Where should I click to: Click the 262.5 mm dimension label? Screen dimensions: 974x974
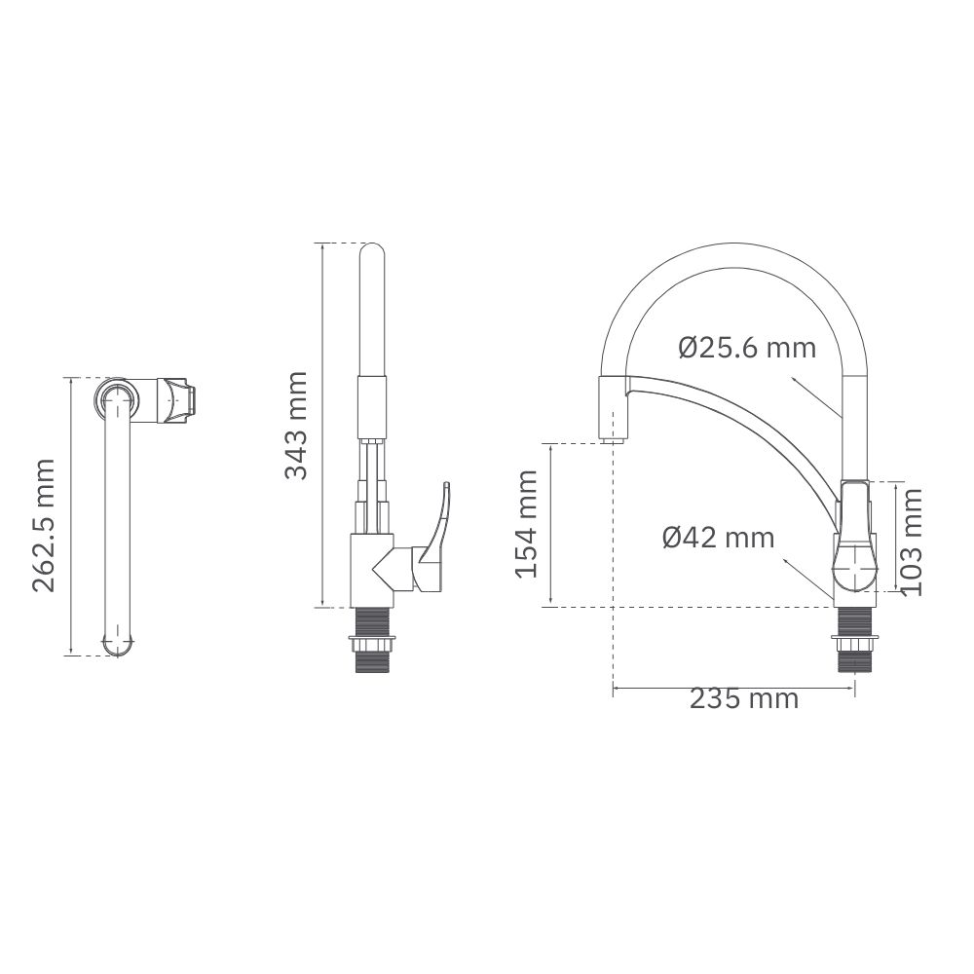pos(44,526)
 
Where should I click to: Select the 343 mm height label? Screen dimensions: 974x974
pos(296,426)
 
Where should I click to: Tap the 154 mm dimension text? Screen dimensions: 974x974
pos(527,524)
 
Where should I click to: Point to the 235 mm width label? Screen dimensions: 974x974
pos(743,698)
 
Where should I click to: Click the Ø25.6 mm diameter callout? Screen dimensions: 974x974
pos(747,348)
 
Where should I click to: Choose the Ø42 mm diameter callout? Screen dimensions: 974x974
pos(719,538)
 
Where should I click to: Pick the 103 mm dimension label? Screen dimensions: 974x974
pos(912,543)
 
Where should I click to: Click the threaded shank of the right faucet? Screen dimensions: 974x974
pos(855,640)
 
